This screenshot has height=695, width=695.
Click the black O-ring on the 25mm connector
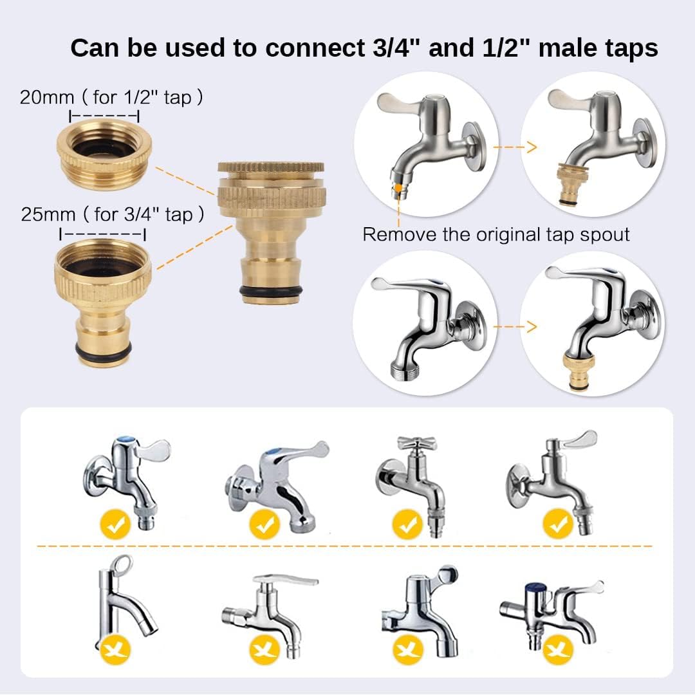click(x=102, y=351)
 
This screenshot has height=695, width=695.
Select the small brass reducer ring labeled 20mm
click(x=106, y=151)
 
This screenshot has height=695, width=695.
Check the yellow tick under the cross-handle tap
click(x=408, y=524)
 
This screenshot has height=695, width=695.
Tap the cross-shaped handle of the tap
click(x=416, y=443)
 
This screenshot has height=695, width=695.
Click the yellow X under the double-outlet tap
click(x=557, y=649)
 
